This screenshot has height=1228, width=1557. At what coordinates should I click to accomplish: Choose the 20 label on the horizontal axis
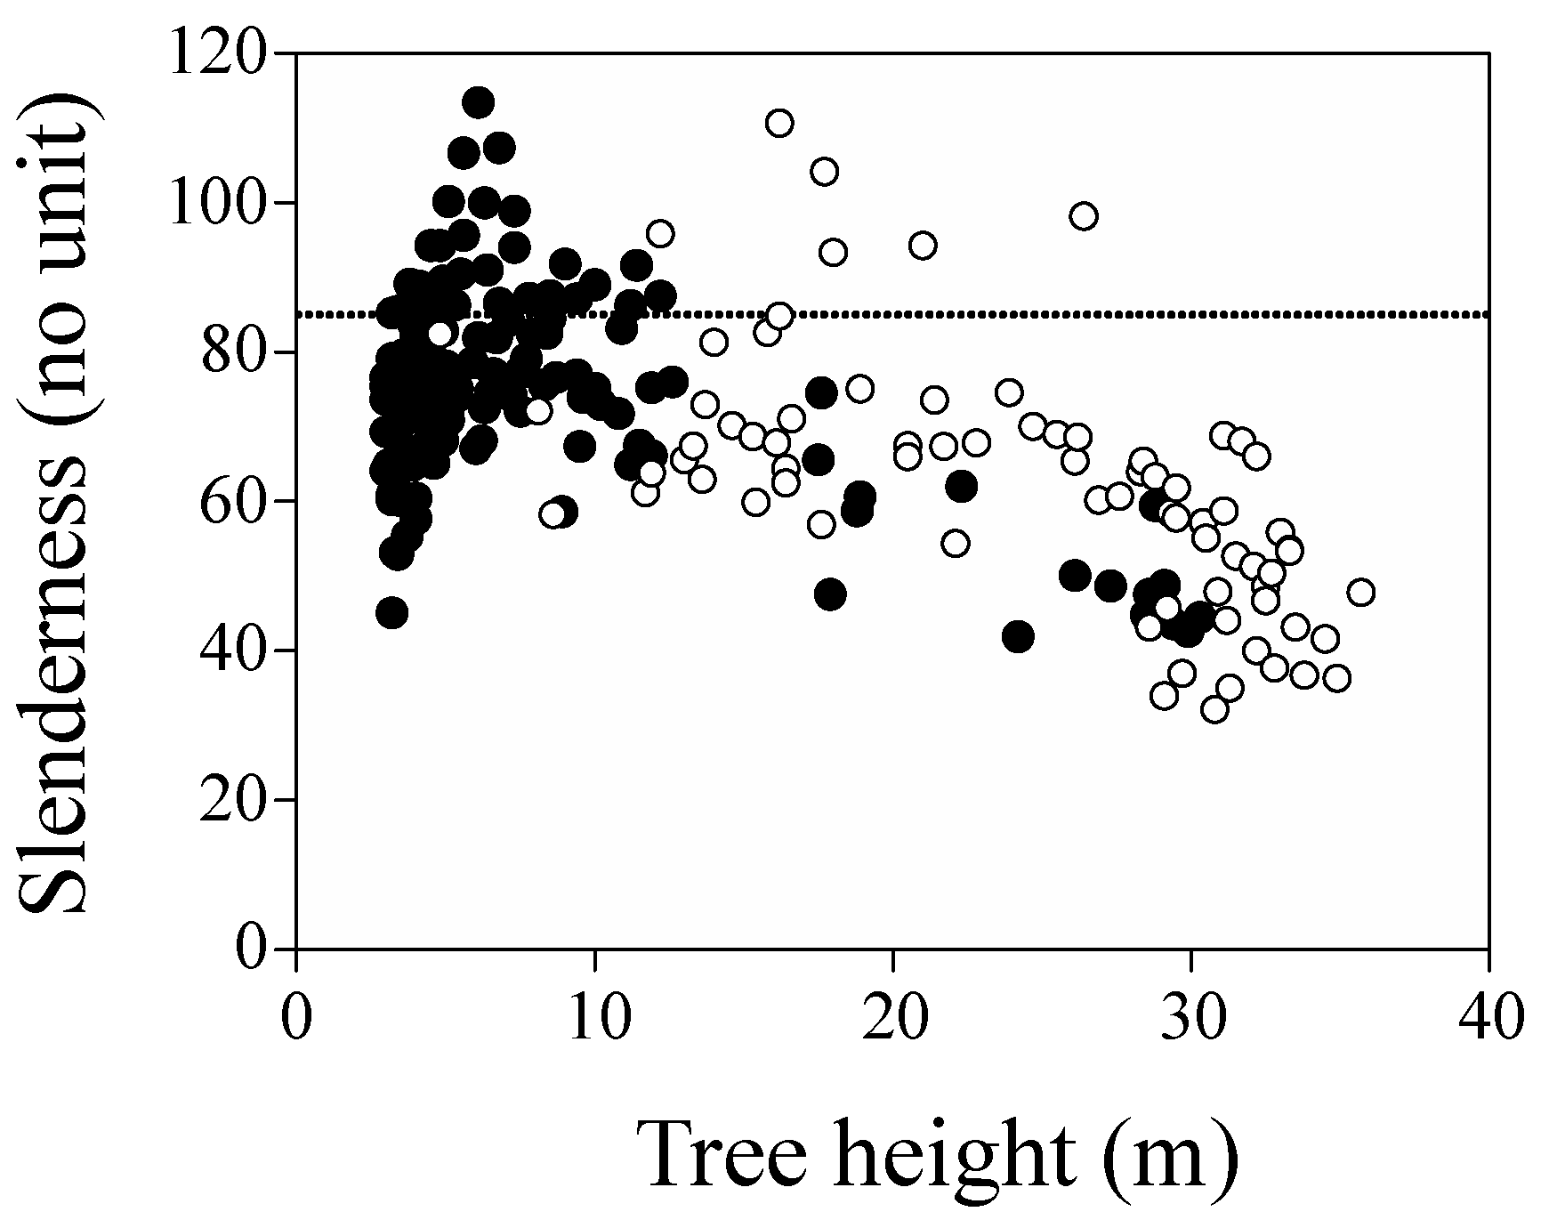pyautogui.click(x=892, y=1018)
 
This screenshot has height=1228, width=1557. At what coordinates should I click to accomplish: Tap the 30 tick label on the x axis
pyautogui.click(x=1190, y=1018)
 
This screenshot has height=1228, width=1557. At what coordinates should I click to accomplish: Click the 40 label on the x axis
pyautogui.click(x=1488, y=1018)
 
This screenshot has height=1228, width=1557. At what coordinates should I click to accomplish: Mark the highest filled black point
pyautogui.click(x=479, y=102)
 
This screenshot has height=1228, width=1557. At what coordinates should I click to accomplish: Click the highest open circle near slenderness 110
pyautogui.click(x=779, y=123)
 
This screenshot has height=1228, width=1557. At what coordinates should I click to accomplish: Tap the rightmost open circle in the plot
pyautogui.click(x=1360, y=593)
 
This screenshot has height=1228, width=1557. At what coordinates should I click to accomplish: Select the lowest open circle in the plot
pyautogui.click(x=1214, y=709)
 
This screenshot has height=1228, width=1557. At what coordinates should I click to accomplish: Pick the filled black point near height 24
pyautogui.click(x=1018, y=636)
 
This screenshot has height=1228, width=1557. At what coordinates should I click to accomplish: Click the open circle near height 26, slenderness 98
pyautogui.click(x=1084, y=216)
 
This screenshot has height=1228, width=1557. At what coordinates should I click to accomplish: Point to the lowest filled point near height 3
pyautogui.click(x=392, y=612)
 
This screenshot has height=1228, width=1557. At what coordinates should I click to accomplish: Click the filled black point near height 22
pyautogui.click(x=962, y=487)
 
